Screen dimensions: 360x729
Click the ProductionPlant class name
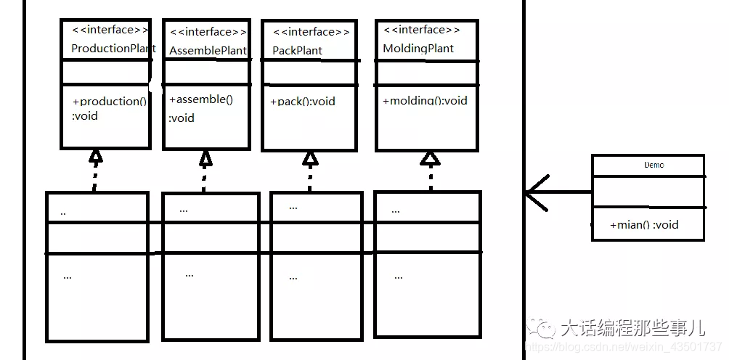[113, 49]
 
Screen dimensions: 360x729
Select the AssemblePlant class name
[208, 51]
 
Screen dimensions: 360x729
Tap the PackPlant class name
[298, 51]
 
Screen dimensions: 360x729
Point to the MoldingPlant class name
[418, 49]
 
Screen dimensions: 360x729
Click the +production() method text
[110, 102]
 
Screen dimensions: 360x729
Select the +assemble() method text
[200, 99]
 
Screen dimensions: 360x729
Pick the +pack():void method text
[303, 102]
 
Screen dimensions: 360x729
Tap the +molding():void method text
[425, 101]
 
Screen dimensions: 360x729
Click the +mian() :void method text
[645, 224]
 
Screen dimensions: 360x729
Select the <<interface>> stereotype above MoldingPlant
[421, 30]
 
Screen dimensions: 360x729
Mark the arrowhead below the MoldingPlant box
[431, 157]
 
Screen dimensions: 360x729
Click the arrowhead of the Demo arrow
[534, 192]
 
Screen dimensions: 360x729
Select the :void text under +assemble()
[182, 118]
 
